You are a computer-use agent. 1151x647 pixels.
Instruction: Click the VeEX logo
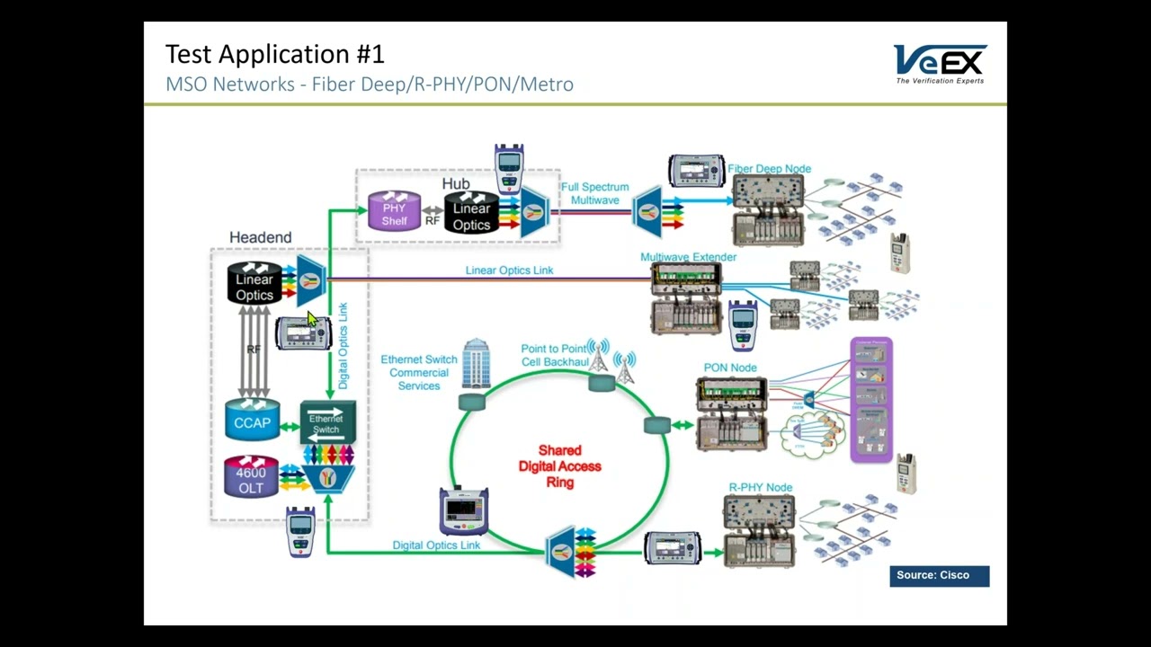coord(940,64)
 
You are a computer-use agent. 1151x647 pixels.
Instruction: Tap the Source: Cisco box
coord(939,576)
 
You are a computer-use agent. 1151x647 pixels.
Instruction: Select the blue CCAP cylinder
coord(252,420)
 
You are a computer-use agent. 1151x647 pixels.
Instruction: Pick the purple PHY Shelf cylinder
coord(394,212)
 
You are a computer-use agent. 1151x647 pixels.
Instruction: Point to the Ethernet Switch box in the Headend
coord(327,422)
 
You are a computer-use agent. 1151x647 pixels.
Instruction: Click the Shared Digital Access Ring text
coord(559,466)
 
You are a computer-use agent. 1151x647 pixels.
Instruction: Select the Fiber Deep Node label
coord(769,169)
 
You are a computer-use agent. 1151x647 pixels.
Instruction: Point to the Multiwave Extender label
coord(688,257)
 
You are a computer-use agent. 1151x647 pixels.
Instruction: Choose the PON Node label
coord(730,368)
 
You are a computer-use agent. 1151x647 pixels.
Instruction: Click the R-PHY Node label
coord(760,488)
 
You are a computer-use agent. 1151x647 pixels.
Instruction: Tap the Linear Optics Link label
coord(509,270)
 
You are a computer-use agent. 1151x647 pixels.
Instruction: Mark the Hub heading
coord(456,184)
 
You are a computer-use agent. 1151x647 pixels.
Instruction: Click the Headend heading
coord(260,237)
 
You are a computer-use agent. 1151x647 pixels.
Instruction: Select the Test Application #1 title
coord(275,54)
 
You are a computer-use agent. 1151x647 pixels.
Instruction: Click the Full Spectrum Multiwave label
coord(594,193)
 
